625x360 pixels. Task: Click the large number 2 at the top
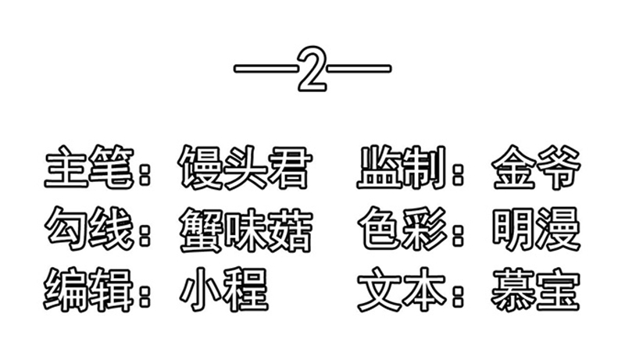[x=312, y=69]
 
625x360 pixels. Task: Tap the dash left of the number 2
[x=266, y=69]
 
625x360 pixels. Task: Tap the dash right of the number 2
[x=359, y=69]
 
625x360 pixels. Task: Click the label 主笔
[x=89, y=166]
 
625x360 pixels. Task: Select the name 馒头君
[x=245, y=167]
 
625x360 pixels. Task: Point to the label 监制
[x=402, y=166]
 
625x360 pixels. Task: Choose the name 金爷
[x=536, y=167]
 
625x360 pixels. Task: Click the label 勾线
[x=89, y=228]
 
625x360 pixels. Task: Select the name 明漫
[x=536, y=229]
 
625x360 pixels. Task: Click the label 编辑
[x=88, y=290]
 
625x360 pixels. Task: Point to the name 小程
[x=224, y=290]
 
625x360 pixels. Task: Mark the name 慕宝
[x=536, y=290]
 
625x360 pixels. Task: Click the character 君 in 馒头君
[x=290, y=167]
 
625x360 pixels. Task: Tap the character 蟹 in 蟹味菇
[x=201, y=230]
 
